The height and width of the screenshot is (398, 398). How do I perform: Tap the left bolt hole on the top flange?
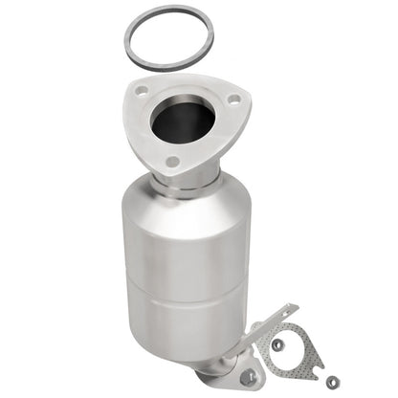[x=142, y=91]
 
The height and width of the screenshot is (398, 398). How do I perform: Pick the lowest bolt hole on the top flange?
[x=171, y=162]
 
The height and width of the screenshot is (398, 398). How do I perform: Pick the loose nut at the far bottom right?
[x=332, y=382]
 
